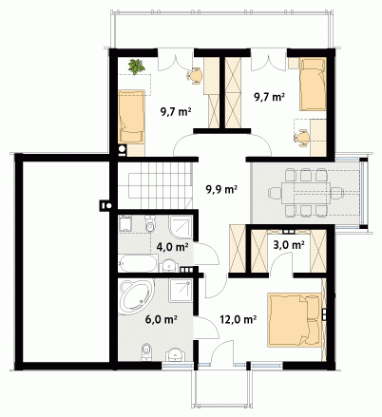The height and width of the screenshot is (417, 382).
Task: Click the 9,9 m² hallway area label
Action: click(221, 189)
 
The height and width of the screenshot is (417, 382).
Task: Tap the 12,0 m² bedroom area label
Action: click(239, 319)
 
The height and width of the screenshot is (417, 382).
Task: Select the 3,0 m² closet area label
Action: click(289, 245)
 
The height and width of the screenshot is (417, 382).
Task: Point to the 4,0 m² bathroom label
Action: click(173, 247)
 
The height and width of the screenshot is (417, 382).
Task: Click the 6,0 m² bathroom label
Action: click(161, 319)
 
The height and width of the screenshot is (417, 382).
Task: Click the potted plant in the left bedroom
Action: click(136, 66)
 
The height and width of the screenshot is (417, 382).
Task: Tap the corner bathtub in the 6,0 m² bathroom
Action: click(136, 296)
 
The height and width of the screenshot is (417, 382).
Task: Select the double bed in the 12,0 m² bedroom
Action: click(295, 320)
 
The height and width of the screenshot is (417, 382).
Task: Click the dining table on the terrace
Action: click(306, 193)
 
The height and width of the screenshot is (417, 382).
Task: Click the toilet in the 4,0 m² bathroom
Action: click(150, 224)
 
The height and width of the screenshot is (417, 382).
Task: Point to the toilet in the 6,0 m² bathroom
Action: click(146, 352)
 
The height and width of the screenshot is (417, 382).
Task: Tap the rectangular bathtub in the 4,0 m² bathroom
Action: click(138, 263)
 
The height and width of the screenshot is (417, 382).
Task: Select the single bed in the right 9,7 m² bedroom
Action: click(313, 85)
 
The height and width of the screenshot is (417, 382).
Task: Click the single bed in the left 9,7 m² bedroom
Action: click(131, 117)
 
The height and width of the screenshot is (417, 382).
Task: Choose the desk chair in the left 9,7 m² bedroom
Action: click(195, 76)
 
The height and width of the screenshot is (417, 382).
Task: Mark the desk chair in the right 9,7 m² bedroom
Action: click(302, 138)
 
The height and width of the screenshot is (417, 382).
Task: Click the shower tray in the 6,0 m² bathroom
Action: click(181, 291)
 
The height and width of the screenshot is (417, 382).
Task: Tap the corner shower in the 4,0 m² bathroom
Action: click(181, 227)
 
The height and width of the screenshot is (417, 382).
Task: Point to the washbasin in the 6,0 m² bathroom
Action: click(175, 354)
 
